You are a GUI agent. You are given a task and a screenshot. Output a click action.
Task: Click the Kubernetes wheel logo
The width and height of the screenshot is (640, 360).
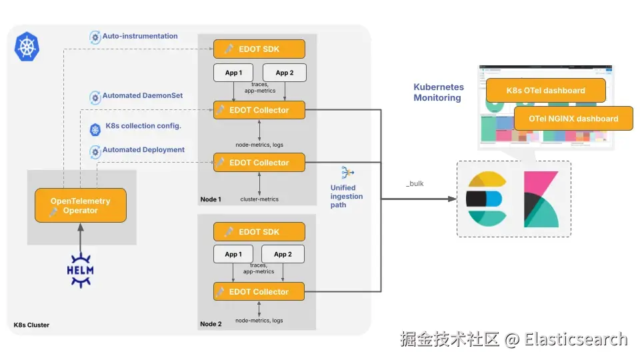pos(27,47)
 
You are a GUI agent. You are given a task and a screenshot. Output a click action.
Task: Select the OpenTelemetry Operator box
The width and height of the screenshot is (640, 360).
pos(81,205)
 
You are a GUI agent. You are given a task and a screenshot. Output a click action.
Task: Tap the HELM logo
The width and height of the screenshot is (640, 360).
pos(81,270)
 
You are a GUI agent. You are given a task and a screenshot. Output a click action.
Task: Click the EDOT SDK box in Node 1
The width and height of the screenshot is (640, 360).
pos(259,49)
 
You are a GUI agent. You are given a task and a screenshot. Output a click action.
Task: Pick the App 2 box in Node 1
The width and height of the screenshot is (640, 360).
pos(285,73)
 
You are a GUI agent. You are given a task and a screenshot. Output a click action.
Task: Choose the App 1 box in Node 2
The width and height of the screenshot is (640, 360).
pos(233,254)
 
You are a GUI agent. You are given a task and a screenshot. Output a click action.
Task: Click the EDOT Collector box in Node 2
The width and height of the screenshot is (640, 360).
pos(259,291)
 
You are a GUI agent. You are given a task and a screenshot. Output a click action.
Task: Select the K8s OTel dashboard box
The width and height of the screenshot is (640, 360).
pos(546,90)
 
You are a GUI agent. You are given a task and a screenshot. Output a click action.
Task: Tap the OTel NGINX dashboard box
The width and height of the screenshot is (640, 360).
pos(573,119)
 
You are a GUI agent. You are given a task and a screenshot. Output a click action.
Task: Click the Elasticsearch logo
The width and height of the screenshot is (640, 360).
pos(487,199)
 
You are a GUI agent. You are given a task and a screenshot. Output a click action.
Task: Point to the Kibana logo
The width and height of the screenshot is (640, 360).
pos(541,199)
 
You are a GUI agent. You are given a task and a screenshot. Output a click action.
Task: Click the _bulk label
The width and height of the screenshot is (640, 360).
pos(415,184)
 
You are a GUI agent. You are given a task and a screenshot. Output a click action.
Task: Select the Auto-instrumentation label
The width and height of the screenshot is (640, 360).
pos(140,36)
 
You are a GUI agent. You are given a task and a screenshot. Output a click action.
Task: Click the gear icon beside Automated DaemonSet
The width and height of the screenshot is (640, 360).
pos(95,97)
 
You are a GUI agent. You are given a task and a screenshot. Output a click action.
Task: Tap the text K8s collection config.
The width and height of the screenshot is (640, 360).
pos(143,126)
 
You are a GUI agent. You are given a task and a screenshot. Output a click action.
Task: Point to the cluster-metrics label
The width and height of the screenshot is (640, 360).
pos(259,199)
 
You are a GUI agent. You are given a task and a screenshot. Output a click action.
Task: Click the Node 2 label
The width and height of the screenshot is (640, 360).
pos(211,324)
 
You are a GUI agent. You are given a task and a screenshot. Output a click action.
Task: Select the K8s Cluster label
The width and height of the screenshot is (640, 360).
pos(31,325)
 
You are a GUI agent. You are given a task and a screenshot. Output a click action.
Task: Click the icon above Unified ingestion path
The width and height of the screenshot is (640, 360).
pos(347,173)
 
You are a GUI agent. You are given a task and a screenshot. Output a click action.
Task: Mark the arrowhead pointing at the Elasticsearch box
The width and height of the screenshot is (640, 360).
pos(452,199)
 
